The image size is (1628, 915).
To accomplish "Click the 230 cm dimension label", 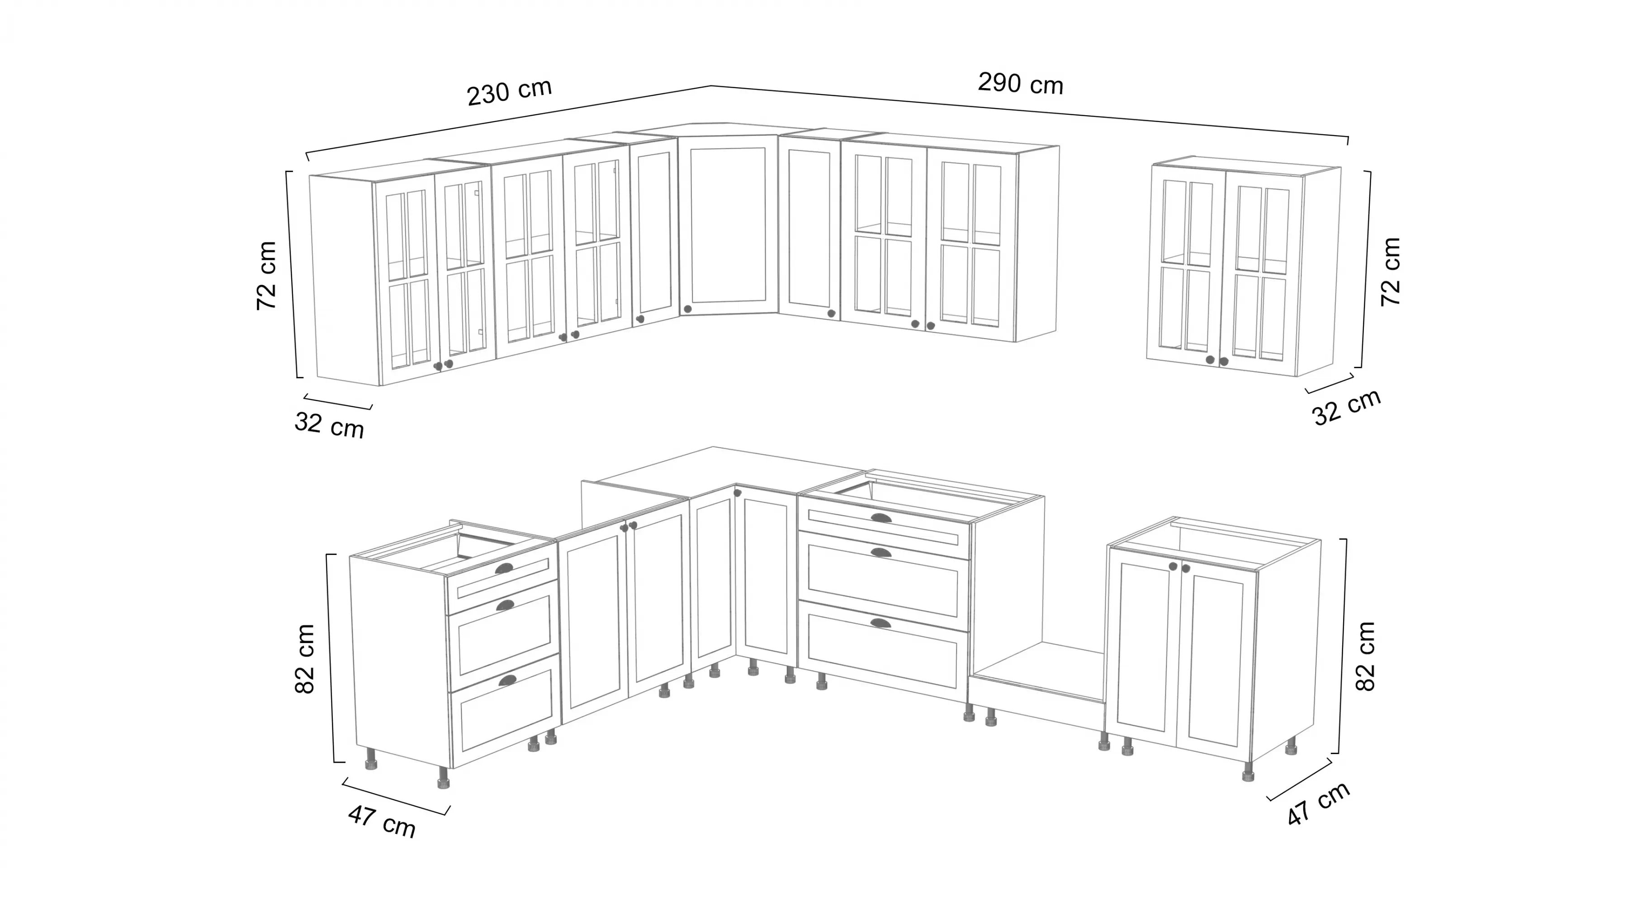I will (509, 92).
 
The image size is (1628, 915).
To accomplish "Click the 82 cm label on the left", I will (305, 659).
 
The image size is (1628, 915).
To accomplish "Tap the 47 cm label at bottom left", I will (382, 821).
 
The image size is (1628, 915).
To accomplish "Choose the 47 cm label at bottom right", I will (1318, 803).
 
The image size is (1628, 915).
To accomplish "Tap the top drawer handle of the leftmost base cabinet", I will (504, 569).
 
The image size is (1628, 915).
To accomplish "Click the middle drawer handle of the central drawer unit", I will (879, 553).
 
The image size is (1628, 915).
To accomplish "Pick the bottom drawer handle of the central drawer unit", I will (880, 623).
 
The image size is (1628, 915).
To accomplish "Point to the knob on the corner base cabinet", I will (737, 493).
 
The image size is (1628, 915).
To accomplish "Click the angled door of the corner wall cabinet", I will (728, 227).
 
